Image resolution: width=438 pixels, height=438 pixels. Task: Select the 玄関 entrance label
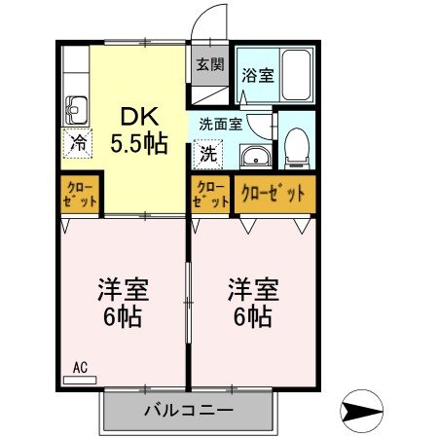(209, 65)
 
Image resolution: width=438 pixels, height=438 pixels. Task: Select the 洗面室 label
(221, 124)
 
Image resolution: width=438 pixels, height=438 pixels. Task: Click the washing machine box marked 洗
(207, 152)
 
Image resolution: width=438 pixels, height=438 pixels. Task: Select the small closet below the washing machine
(210, 194)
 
